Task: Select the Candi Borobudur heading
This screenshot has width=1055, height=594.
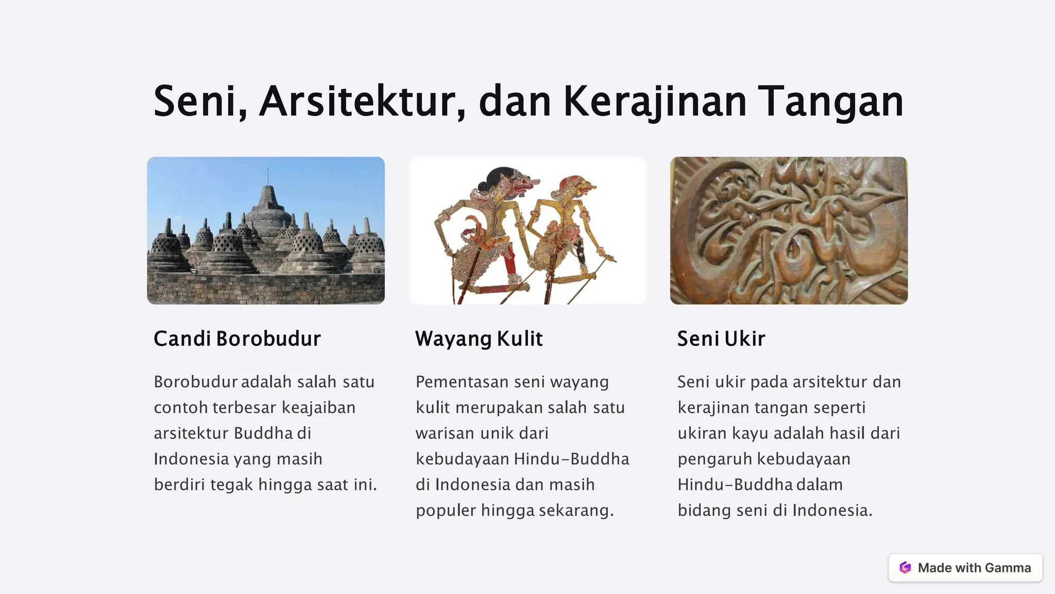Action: pyautogui.click(x=237, y=339)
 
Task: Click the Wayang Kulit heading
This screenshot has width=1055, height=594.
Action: pyautogui.click(x=479, y=339)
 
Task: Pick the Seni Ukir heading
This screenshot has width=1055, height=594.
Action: pyautogui.click(x=721, y=339)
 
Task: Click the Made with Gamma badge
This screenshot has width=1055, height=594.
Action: pyautogui.click(x=965, y=568)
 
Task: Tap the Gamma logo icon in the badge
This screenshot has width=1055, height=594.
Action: pyautogui.click(x=905, y=568)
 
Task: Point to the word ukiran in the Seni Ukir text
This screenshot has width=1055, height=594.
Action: pyautogui.click(x=702, y=433)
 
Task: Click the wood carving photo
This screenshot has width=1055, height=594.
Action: pyautogui.click(x=788, y=230)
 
